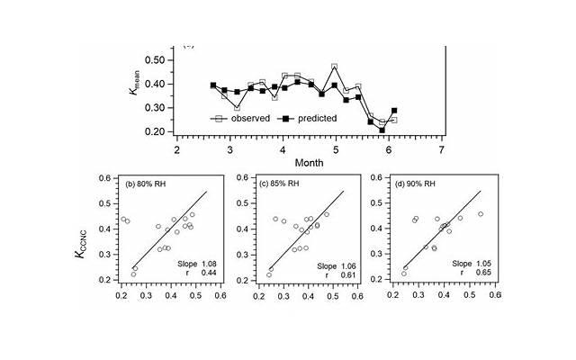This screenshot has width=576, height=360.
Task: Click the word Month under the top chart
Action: [309, 162]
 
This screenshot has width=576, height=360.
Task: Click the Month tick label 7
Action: [441, 148]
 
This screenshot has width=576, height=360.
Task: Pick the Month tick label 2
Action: [176, 148]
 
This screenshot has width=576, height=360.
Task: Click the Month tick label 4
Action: [283, 148]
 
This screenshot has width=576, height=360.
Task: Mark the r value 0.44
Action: [208, 272]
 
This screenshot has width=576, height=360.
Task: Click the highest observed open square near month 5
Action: [335, 67]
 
